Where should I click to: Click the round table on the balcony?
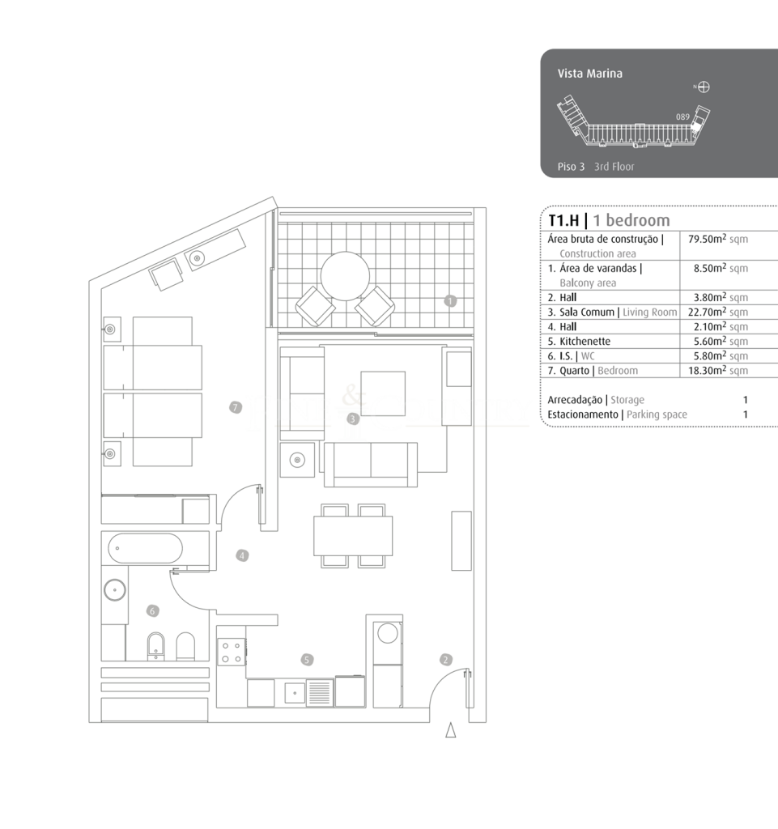click(345, 276)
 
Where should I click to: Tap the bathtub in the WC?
click(146, 548)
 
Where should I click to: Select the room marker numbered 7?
click(236, 408)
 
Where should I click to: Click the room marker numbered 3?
click(353, 419)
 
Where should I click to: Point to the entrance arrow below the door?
click(450, 730)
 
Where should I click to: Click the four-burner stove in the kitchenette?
click(232, 652)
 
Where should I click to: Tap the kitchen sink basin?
click(295, 693)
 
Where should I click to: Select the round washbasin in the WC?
click(115, 589)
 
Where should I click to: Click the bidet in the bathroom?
click(155, 646)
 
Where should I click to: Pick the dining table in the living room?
click(353, 536)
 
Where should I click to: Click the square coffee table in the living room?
click(383, 394)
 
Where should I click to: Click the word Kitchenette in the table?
click(585, 342)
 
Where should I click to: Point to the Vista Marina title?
click(590, 74)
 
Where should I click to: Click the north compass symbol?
click(704, 87)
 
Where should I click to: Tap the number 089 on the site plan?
click(682, 117)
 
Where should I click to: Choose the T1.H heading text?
click(564, 220)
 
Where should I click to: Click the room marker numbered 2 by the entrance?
click(445, 660)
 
